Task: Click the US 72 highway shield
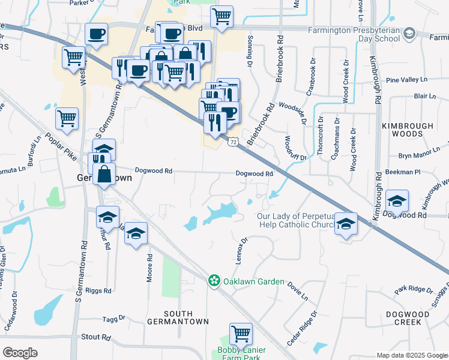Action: coord(234,140)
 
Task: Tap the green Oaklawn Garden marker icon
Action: coord(214,280)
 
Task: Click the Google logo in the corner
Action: coord(20,352)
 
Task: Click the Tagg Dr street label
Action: coord(113,319)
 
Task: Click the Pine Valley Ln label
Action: coord(406,79)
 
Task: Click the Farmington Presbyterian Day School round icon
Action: coord(409,32)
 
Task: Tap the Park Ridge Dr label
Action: coord(413,289)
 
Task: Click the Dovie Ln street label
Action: coord(297,290)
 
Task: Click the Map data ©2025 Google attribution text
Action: coord(411,355)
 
